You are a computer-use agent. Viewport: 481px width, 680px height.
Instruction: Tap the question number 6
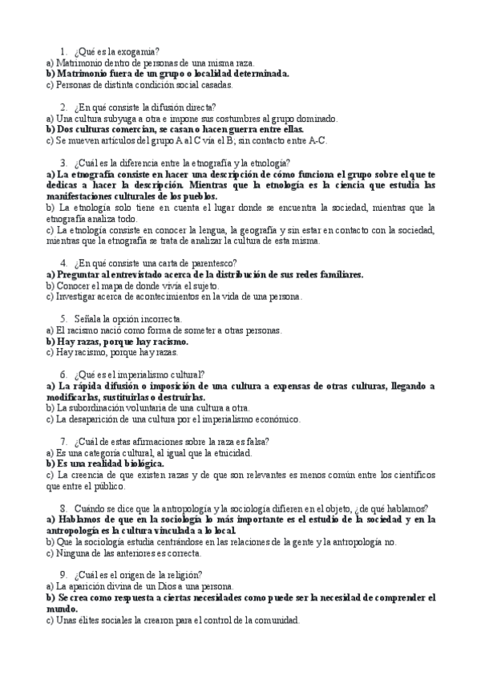(63, 374)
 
